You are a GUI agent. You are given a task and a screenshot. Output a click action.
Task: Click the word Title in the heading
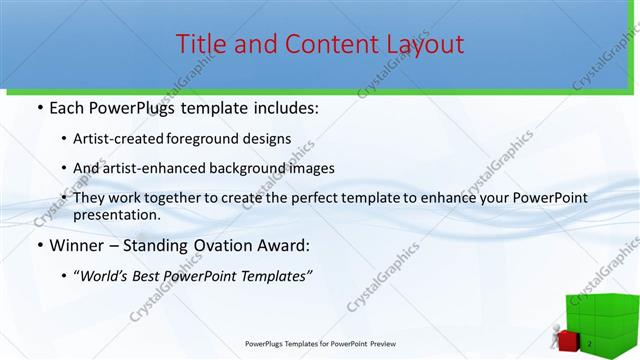200,44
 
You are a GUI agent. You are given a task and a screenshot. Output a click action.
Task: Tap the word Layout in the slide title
420,44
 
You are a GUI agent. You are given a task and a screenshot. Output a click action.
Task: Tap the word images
313,168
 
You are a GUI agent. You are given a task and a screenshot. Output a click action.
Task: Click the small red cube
567,340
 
